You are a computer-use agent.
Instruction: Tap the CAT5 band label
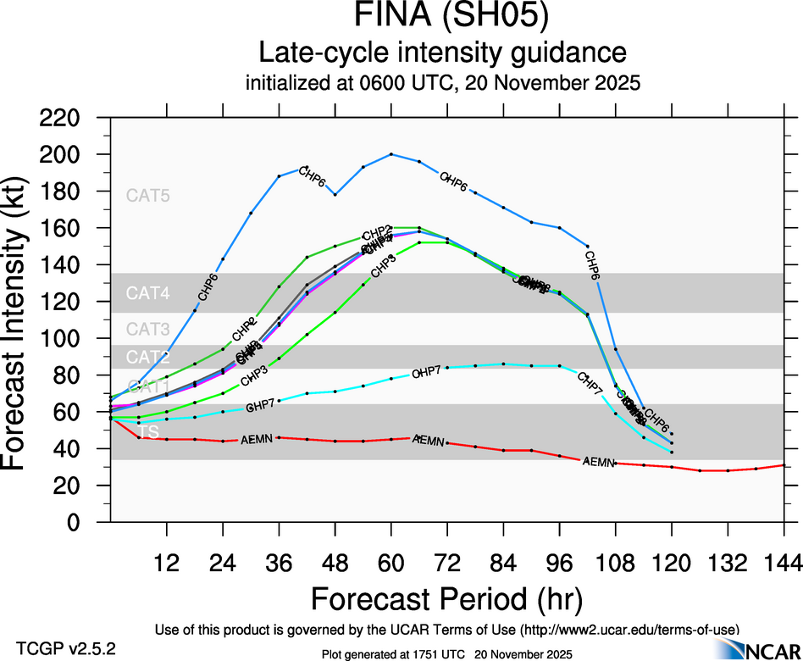point(148,196)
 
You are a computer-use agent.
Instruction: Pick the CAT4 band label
point(148,294)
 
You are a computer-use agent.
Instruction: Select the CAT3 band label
point(148,329)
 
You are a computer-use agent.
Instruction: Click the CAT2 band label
point(148,357)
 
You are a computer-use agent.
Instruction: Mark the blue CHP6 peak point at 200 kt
point(391,154)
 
